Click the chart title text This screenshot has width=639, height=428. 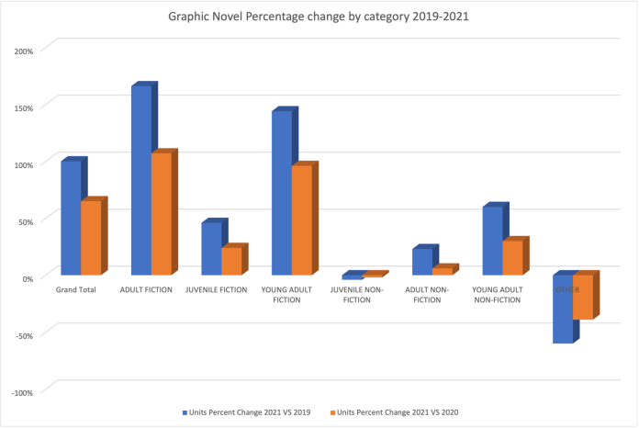[x=319, y=16]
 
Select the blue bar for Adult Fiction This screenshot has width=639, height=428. [x=140, y=180]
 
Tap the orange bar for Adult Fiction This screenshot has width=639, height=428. [x=161, y=213]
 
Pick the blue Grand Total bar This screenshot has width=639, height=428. [x=71, y=218]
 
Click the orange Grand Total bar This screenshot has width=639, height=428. [x=90, y=237]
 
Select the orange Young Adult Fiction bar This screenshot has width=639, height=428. [x=301, y=220]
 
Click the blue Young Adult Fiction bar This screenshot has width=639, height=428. [x=282, y=192]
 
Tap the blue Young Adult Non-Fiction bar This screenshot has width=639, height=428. [x=492, y=240]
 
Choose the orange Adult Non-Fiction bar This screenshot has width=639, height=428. [x=442, y=271]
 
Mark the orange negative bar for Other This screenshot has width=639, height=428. [x=582, y=297]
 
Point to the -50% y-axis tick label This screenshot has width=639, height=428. [x=24, y=335]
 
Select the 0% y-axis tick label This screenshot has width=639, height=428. [x=27, y=278]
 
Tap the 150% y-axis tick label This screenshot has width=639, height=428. [x=24, y=107]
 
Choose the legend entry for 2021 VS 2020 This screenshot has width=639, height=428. [x=395, y=412]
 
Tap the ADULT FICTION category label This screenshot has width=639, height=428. [x=146, y=290]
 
